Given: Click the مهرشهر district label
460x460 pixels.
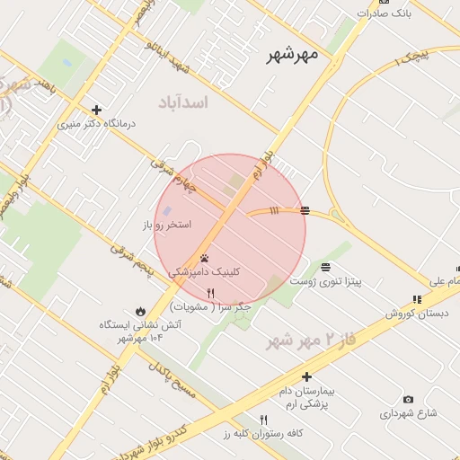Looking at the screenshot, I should tap(292, 55).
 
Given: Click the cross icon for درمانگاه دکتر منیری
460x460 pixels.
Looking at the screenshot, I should tap(96, 111).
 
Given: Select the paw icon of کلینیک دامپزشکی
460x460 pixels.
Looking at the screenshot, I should tap(205, 258).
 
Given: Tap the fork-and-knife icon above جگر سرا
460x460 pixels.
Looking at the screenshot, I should tap(210, 293).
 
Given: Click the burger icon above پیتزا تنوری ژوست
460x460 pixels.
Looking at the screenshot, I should tap(324, 267).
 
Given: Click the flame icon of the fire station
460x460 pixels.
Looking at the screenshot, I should tap(139, 309).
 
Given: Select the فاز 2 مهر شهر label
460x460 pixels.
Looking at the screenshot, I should tap(305, 341).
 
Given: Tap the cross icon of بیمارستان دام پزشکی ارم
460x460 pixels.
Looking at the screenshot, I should tap(306, 377).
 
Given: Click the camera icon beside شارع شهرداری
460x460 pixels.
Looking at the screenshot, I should tap(409, 399).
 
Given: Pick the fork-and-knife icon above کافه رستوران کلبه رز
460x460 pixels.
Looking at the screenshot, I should tap(263, 420).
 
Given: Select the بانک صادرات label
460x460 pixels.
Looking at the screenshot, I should tap(384, 13).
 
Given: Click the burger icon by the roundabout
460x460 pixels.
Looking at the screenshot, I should tap(305, 210).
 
